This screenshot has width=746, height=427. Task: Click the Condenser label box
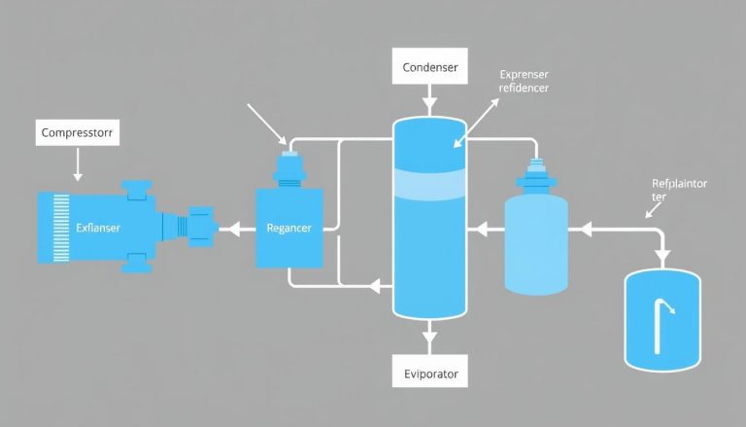pos(428,69)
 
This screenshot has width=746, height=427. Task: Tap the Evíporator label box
pos(428,372)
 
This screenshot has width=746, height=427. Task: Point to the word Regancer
pos(289,230)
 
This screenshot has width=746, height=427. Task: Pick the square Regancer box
pos(288,228)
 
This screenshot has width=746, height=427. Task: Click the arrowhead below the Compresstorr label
pos(78,178)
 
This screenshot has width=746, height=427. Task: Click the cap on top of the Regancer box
pos(288,167)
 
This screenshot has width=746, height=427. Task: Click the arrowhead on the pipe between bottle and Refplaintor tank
pos(586,231)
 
